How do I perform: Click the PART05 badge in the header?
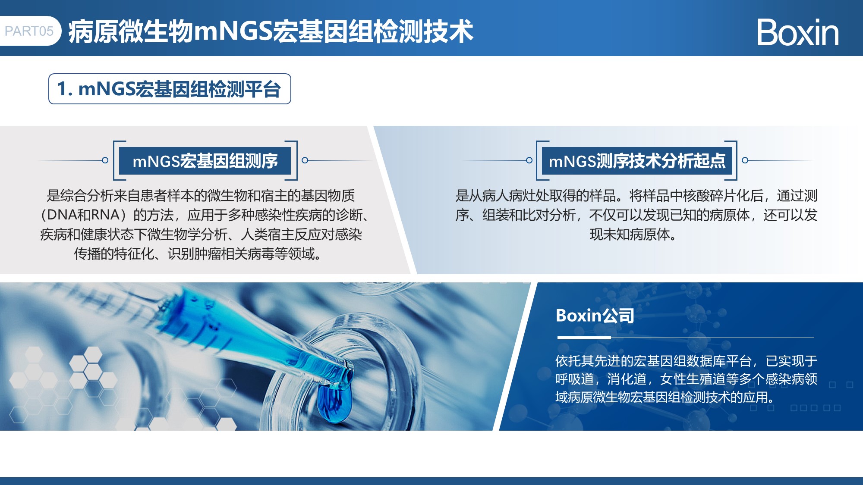[x=30, y=31]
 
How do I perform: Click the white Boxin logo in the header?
[x=798, y=32]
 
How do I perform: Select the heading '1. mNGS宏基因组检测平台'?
[x=170, y=89]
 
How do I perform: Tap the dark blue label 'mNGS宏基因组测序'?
[x=205, y=161]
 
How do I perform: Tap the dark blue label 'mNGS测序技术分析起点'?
[x=637, y=161]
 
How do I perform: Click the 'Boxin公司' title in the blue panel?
[x=595, y=316]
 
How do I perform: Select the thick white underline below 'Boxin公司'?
[x=584, y=338]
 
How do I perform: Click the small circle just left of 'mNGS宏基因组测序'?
[x=105, y=160]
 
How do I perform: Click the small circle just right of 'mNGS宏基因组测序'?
[x=305, y=160]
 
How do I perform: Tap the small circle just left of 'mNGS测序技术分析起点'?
[x=529, y=160]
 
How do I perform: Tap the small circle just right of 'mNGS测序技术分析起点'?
[x=745, y=160]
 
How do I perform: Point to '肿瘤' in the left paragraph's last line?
[x=208, y=253]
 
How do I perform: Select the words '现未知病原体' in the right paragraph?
[x=630, y=234]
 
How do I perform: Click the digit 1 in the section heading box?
[x=63, y=89]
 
